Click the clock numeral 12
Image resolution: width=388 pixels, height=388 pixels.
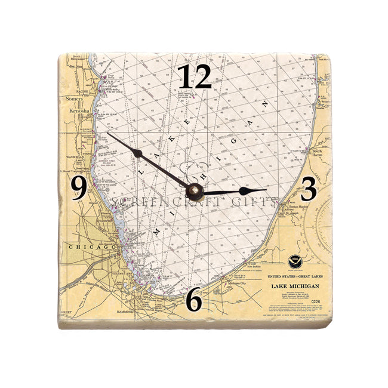(x=195, y=76)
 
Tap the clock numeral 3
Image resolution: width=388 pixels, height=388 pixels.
(x=308, y=189)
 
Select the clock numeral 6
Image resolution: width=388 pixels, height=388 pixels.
(x=194, y=302)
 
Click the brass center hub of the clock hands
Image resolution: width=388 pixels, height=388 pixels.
(x=194, y=191)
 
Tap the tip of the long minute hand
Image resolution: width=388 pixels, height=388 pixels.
(x=108, y=133)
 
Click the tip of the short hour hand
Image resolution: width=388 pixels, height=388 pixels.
(x=266, y=190)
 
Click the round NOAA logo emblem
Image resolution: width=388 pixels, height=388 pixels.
(x=294, y=261)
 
